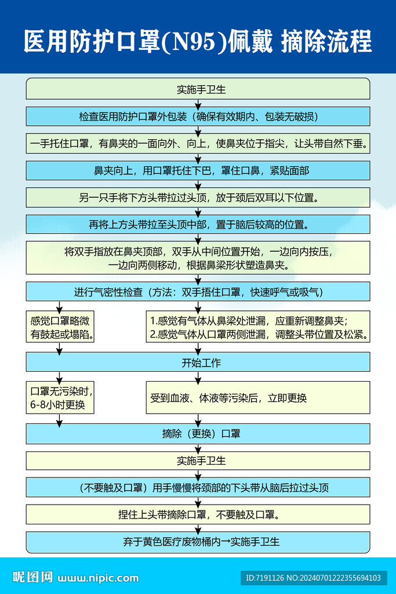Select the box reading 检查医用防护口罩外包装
(x=198, y=116)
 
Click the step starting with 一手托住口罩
(x=198, y=143)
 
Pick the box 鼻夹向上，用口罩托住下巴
(x=198, y=171)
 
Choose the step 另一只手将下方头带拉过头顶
(x=198, y=197)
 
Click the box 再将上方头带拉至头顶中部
(x=198, y=224)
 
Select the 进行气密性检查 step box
(x=198, y=292)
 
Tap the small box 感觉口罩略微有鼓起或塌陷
(x=60, y=328)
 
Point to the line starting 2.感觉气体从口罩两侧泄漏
(x=259, y=335)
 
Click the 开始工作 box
(x=198, y=363)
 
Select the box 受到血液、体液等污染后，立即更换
(x=257, y=397)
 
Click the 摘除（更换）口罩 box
(x=198, y=433)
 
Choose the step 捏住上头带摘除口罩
(x=198, y=514)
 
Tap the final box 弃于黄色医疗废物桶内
(x=198, y=542)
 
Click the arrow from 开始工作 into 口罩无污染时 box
(x=59, y=377)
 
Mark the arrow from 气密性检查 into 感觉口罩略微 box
(x=59, y=306)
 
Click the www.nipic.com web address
(x=99, y=578)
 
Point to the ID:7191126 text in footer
(x=263, y=578)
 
